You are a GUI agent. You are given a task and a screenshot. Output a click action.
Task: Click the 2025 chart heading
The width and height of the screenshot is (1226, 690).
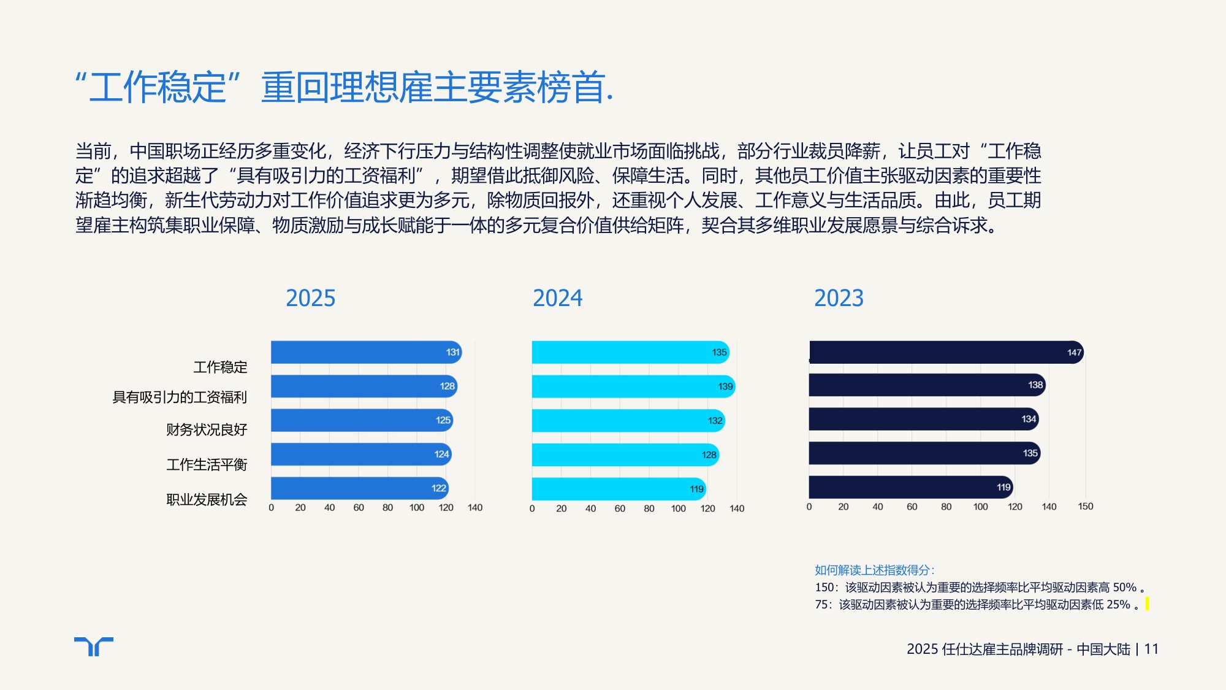click(x=310, y=298)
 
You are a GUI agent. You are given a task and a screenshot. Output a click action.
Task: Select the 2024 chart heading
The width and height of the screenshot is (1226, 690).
click(x=557, y=298)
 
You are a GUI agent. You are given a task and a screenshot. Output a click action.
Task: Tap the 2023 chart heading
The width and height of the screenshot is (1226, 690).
click(x=838, y=298)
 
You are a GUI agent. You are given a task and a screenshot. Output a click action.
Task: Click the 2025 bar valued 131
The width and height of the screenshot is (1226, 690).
click(x=365, y=352)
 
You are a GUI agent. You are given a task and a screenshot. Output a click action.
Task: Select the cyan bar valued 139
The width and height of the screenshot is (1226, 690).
click(x=633, y=386)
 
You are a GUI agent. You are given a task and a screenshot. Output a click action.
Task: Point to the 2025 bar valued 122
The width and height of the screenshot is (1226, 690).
click(x=359, y=488)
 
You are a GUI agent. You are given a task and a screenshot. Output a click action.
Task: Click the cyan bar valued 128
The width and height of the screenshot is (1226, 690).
click(x=625, y=454)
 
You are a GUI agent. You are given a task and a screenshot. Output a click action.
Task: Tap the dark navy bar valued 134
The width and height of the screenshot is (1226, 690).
click(x=923, y=419)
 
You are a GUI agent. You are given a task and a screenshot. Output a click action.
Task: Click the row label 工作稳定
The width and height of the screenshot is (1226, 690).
click(x=220, y=367)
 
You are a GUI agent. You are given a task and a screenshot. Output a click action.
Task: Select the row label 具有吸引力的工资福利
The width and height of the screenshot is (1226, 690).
click(x=180, y=397)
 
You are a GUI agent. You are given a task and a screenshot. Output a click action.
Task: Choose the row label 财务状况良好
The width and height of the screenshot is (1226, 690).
click(x=207, y=429)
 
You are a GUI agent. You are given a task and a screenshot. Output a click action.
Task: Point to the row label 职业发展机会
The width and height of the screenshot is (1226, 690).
click(x=207, y=499)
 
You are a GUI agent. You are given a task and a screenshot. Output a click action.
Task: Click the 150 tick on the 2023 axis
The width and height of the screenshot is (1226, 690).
click(x=1085, y=507)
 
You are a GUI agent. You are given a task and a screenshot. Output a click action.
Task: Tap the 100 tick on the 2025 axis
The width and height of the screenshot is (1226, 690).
click(x=417, y=508)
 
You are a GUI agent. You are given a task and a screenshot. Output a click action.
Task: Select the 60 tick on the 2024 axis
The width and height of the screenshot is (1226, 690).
click(x=620, y=508)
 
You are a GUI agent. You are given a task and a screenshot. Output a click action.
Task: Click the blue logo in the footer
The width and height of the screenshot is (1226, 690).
click(x=94, y=646)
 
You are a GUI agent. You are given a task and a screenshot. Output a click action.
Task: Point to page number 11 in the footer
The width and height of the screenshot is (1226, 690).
click(x=1151, y=649)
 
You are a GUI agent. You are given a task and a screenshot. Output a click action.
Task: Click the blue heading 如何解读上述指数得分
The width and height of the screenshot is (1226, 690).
click(x=874, y=570)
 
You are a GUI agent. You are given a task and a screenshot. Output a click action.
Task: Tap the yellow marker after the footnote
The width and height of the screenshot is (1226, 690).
click(x=1147, y=604)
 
